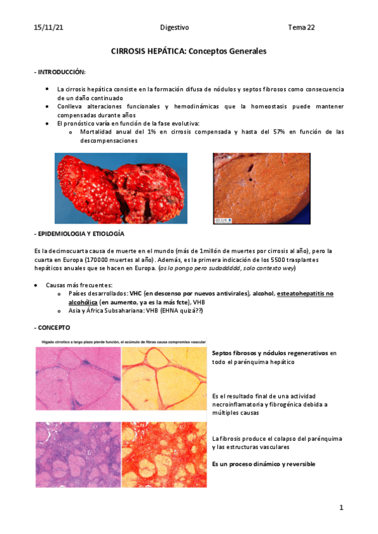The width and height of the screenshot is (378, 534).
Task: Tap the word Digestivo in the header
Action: pos(174,28)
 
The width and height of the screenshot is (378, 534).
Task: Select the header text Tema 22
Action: pos(302,28)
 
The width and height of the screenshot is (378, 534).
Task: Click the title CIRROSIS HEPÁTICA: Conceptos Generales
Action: pos(189,51)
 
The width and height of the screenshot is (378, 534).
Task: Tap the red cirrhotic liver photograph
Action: pos(121,188)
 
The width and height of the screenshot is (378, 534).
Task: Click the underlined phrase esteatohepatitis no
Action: pos(305,293)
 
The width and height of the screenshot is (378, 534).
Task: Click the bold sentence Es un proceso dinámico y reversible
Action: pos(263,464)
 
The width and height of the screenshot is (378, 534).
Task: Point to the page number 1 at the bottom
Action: pos(341,507)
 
